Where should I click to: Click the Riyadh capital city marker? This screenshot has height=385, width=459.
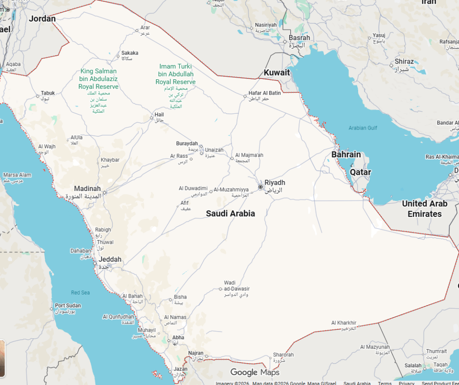[260, 186]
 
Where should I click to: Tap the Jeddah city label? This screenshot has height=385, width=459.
[110, 259]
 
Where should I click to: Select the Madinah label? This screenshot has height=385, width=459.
[87, 189]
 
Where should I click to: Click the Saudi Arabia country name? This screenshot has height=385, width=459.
[230, 213]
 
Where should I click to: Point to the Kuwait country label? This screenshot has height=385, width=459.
[277, 73]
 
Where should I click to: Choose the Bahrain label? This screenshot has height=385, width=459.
[346, 155]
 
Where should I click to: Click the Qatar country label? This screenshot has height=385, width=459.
[360, 172]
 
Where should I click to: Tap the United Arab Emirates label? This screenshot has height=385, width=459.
[424, 208]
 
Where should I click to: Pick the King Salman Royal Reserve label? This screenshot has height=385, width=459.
[99, 79]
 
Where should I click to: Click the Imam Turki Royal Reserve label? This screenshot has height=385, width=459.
[175, 74]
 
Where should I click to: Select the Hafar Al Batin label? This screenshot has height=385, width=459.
[264, 93]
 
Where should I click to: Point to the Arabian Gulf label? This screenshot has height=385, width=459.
[363, 128]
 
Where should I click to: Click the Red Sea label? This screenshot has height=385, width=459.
[80, 293]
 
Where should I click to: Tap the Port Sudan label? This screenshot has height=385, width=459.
[68, 306]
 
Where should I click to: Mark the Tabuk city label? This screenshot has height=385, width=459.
[48, 93]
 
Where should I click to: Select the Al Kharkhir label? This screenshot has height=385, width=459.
[344, 323]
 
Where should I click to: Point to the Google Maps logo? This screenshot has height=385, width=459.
[255, 372]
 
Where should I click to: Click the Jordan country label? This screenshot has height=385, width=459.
[42, 19]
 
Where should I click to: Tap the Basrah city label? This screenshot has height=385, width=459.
[299, 38]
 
